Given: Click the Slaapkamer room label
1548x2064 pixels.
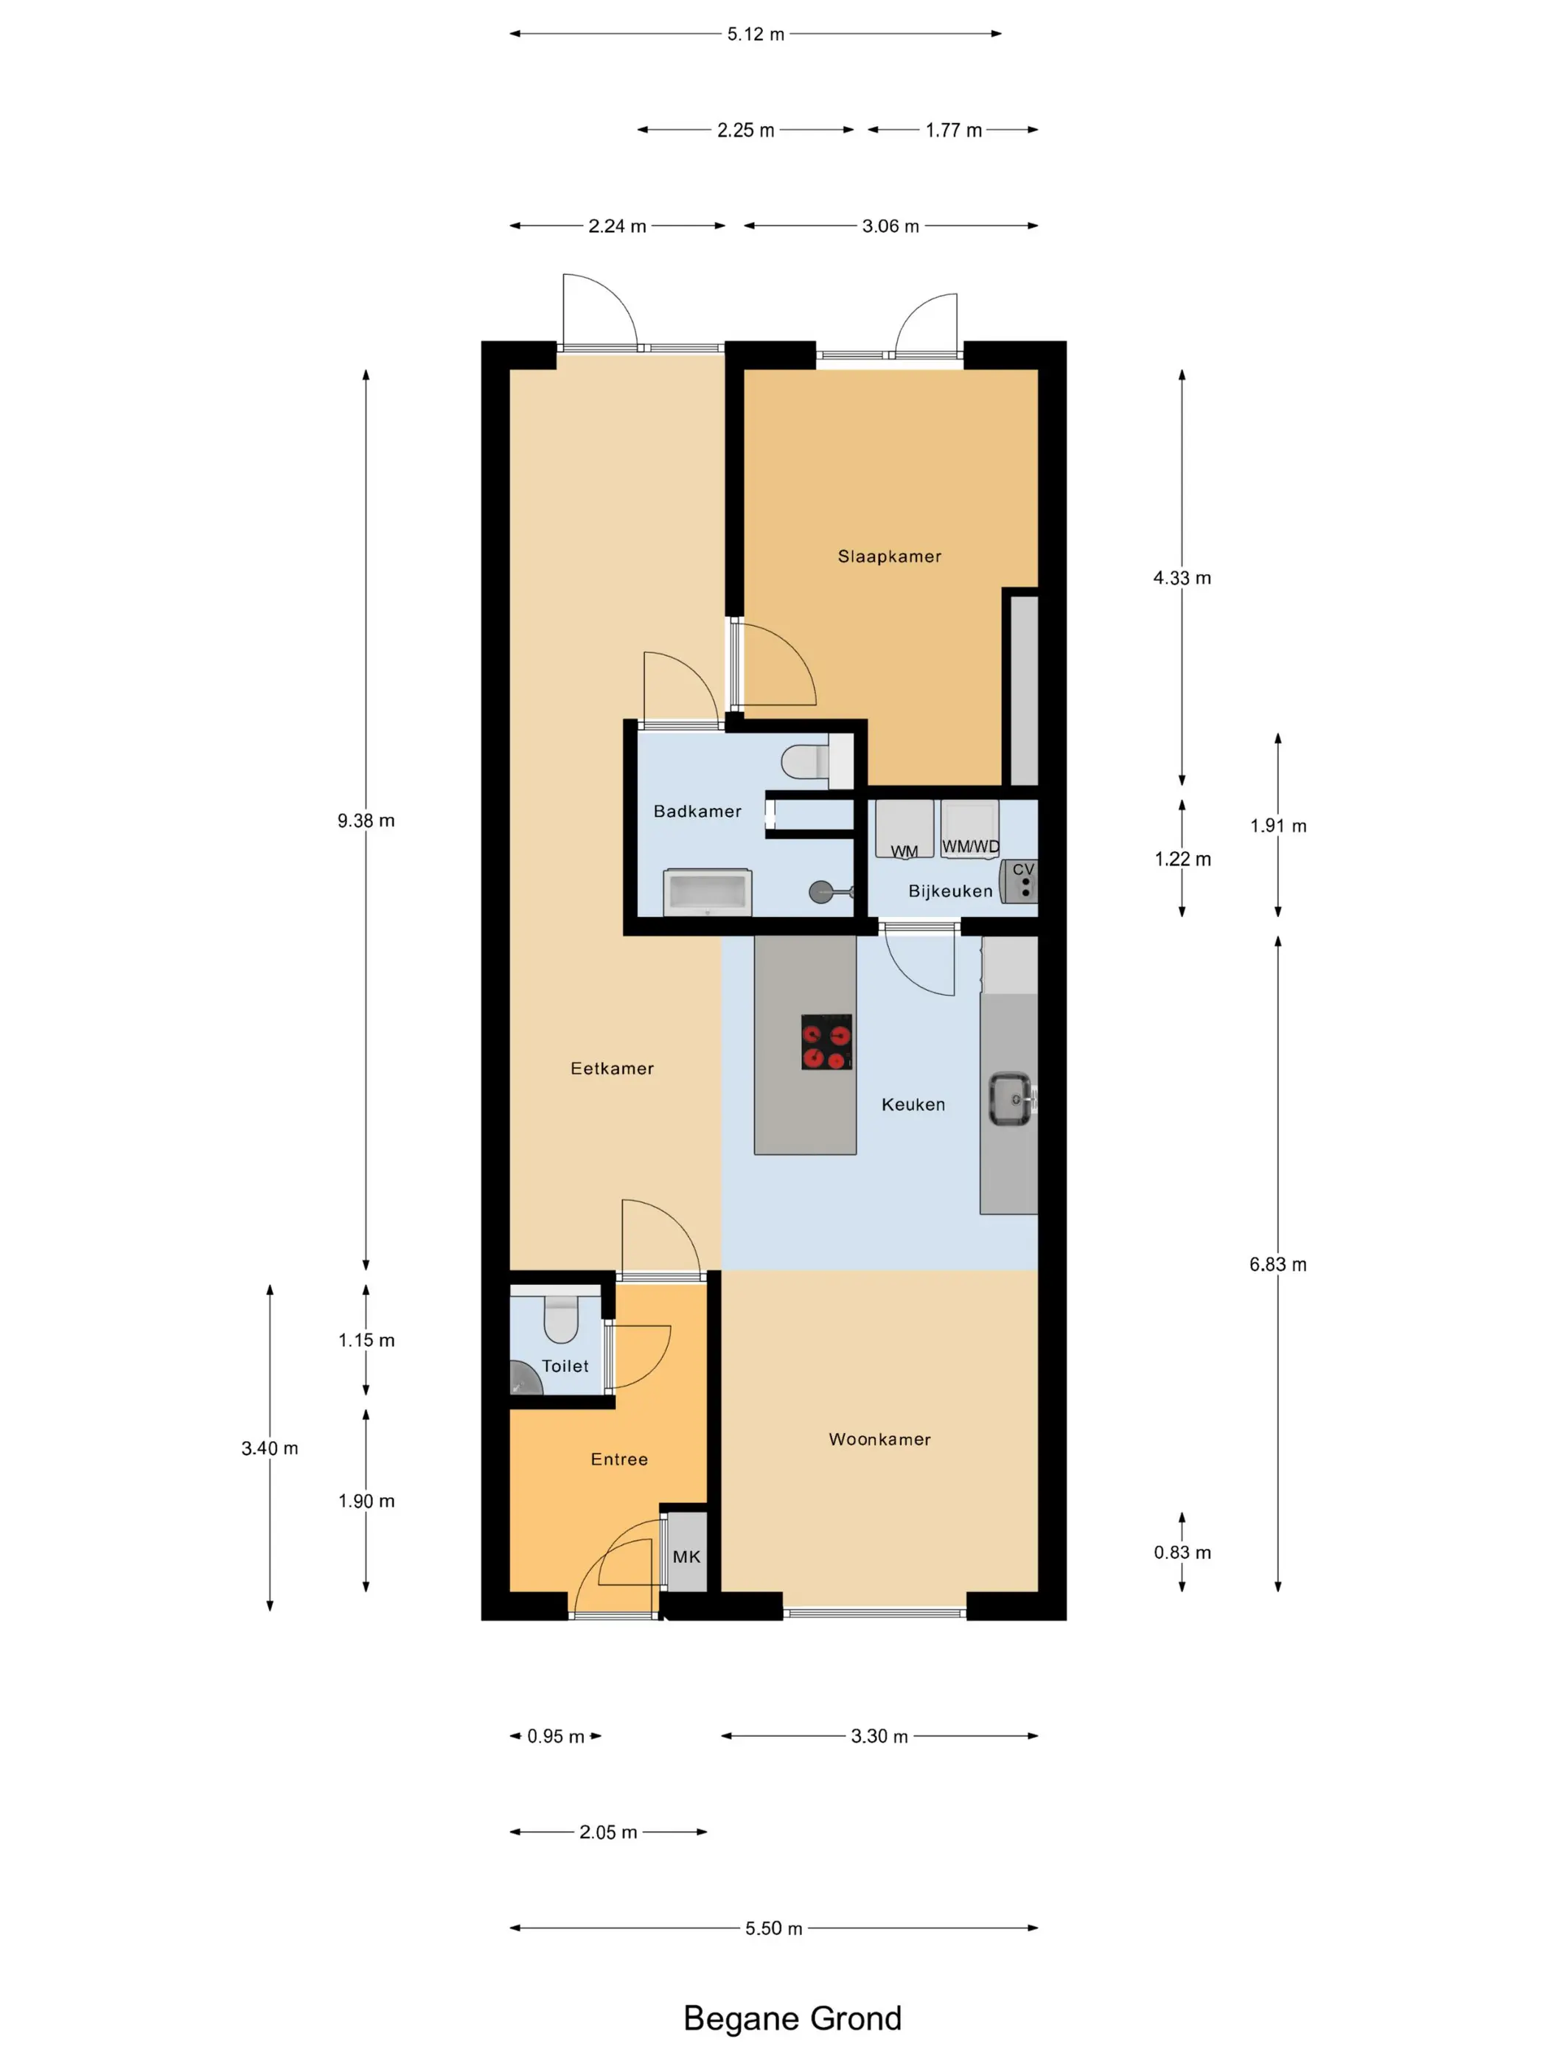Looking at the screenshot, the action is point(889,556).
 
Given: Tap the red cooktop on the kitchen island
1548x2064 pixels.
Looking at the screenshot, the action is point(827,1042).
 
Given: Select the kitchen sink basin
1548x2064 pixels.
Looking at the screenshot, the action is point(1011,1099).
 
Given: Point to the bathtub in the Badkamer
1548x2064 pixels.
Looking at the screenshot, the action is point(707,892).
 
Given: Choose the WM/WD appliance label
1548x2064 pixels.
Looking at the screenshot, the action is point(970,846).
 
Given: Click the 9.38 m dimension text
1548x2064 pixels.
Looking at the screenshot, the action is point(366,820).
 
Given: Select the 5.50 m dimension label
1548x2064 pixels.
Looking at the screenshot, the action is point(773,1928).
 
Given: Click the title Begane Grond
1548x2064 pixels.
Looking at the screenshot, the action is point(792,2018).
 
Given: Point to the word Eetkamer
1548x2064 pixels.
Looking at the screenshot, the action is point(612,1068).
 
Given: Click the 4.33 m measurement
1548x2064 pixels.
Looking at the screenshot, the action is point(1182,578).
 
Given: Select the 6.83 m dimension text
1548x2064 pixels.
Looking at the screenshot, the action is point(1277,1264).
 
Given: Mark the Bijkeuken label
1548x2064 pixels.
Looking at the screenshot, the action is point(951,891).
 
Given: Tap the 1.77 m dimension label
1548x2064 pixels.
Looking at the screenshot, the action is point(954,130).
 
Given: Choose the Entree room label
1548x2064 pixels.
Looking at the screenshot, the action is point(618,1460).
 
